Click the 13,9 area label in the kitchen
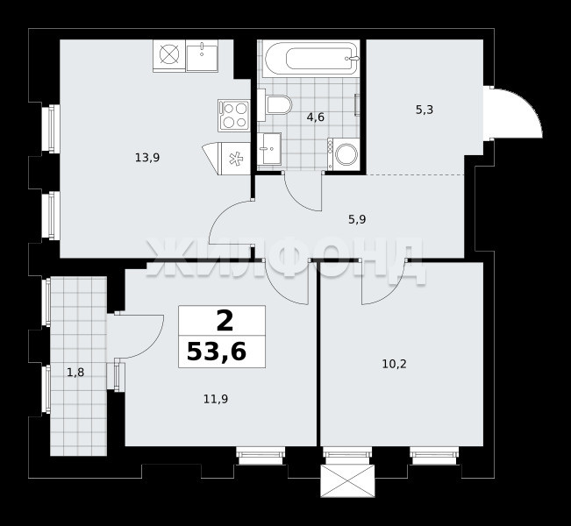[x=147, y=158]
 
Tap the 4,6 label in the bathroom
[x=316, y=117]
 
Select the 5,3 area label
[x=425, y=110]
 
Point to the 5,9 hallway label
[x=357, y=219]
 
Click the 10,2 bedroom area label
[x=395, y=364]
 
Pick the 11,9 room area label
[x=216, y=400]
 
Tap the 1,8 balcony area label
[x=75, y=373]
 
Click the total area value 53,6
[x=217, y=352]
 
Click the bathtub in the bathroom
[x=310, y=59]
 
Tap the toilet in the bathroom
[x=275, y=105]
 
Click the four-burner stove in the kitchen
[x=234, y=116]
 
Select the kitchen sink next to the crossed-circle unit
[x=202, y=56]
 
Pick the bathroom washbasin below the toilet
[x=269, y=148]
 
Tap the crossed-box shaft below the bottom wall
[x=347, y=480]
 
